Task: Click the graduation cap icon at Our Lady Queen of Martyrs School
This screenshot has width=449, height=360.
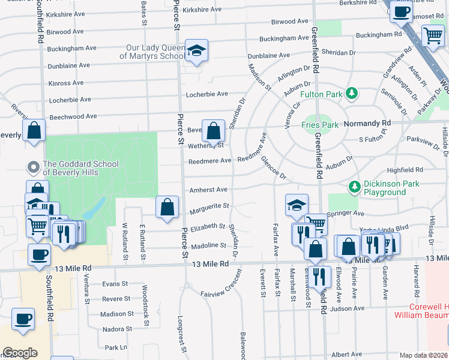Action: point(196,52)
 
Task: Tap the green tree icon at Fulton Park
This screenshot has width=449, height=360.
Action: point(352,94)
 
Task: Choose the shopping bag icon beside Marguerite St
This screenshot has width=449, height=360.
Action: point(167,207)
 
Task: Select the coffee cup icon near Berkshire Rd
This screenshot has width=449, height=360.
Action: point(401,11)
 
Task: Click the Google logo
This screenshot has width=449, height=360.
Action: point(20,353)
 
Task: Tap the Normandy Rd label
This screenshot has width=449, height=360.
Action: point(365,123)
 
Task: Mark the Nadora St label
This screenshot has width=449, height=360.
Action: point(116,329)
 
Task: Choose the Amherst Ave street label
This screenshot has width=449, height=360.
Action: point(208,190)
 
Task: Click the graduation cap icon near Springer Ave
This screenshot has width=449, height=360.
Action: point(297,205)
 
